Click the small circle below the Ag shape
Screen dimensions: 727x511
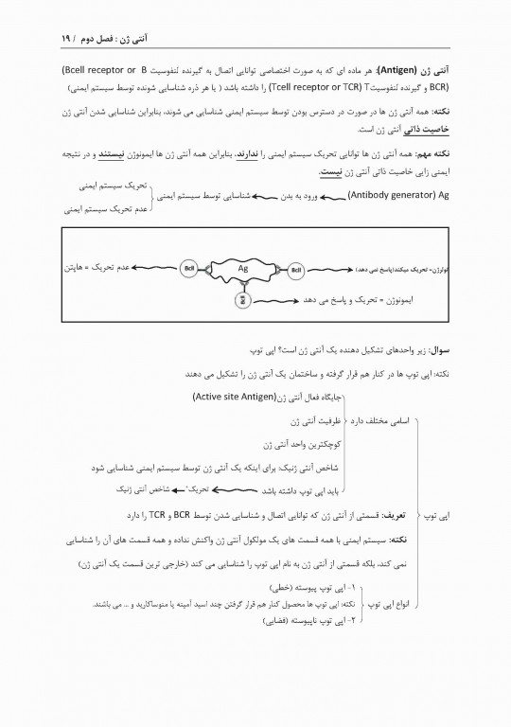pyautogui.click(x=242, y=300)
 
